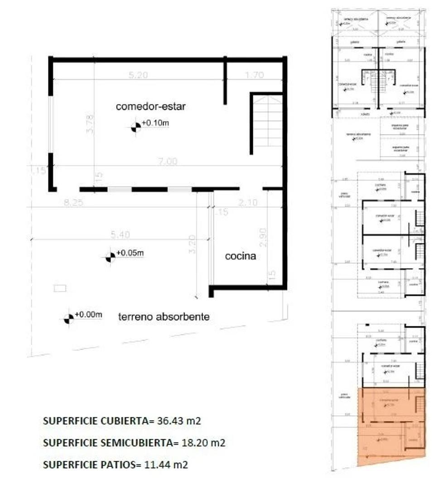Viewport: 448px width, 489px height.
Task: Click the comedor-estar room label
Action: coord(151,107)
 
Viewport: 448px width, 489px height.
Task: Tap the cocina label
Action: coord(241,256)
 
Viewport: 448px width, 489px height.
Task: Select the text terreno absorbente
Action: coord(164,317)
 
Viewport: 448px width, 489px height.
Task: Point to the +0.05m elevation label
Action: coord(130,253)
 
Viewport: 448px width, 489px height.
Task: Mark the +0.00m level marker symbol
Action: coord(68,319)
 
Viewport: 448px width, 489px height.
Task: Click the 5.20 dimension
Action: coord(138,76)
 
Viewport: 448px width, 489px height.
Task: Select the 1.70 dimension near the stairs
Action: coord(254,76)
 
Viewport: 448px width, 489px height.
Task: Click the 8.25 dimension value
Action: coord(73,203)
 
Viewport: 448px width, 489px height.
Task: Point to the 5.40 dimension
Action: coord(120,235)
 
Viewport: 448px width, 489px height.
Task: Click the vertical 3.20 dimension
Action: coord(192,244)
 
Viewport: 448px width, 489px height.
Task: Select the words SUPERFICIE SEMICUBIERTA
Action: coord(107,442)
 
